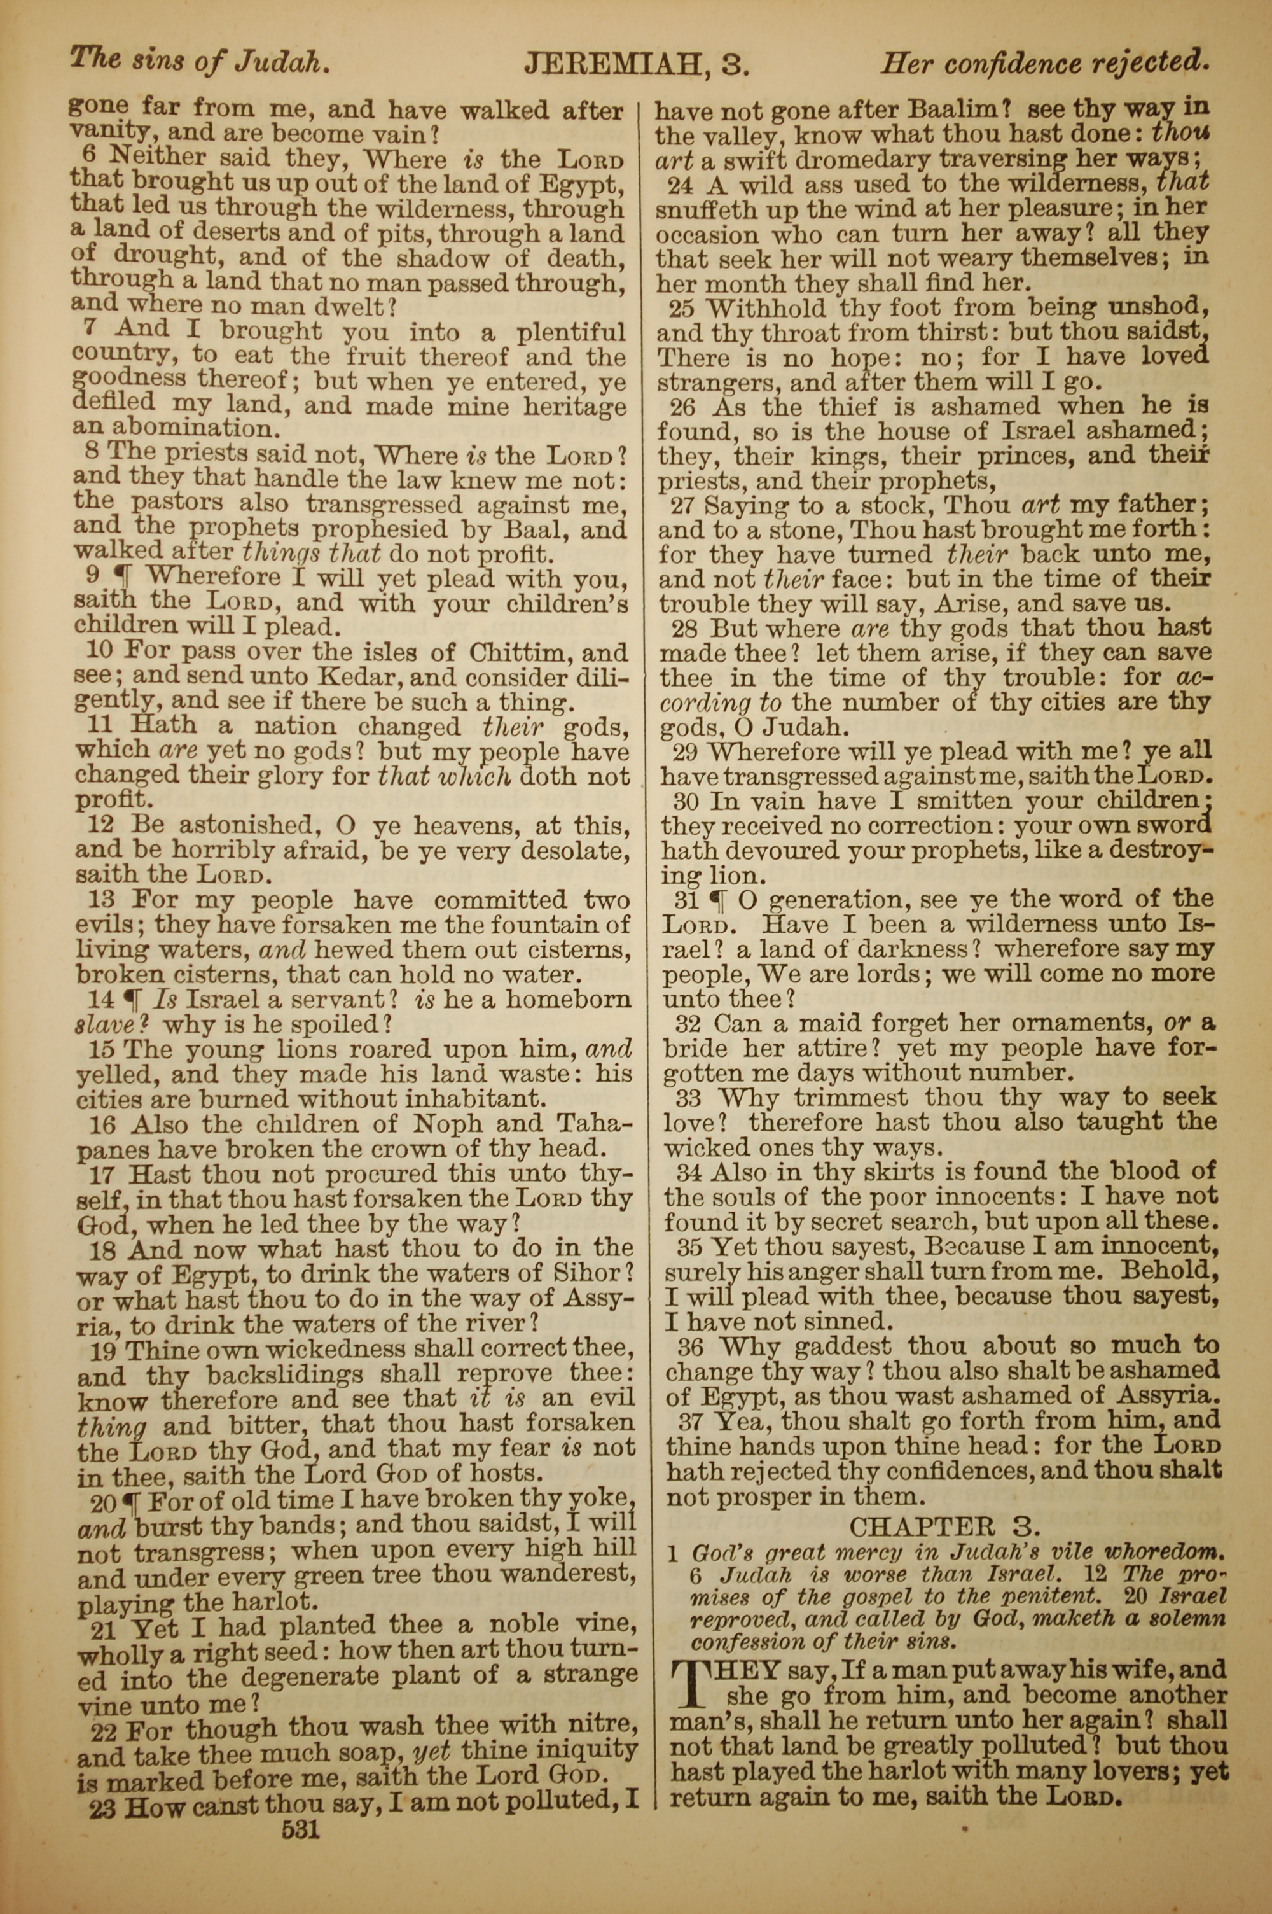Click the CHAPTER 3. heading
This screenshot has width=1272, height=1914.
(x=944, y=1526)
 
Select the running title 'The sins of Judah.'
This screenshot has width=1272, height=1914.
(x=200, y=60)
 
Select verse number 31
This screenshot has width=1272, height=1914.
(x=686, y=900)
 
